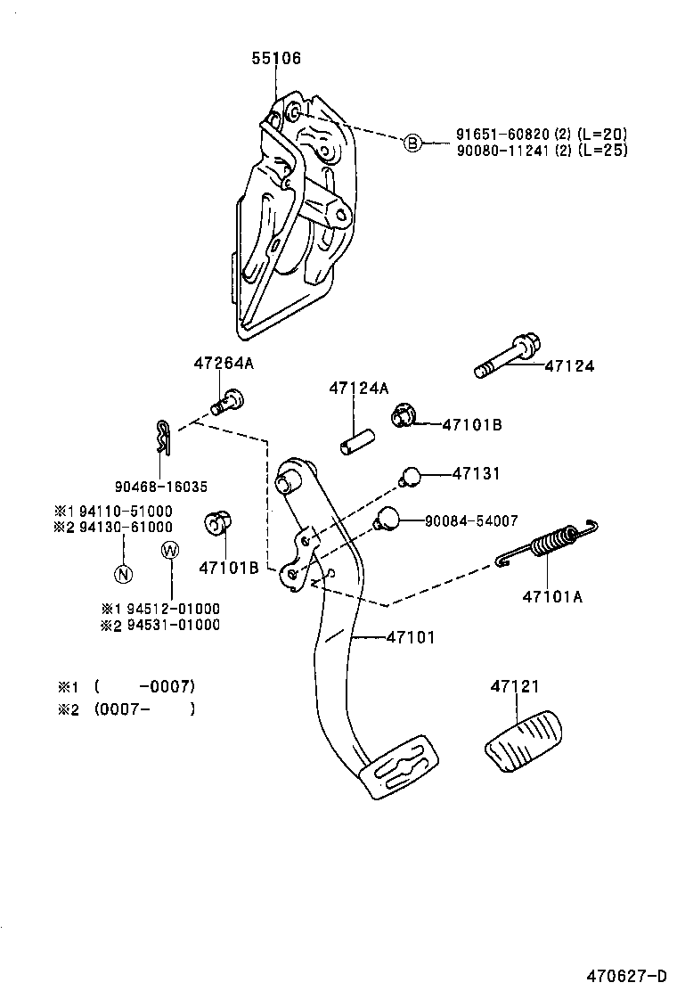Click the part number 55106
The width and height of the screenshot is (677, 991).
pyautogui.click(x=276, y=59)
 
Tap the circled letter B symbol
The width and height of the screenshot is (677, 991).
pyautogui.click(x=412, y=143)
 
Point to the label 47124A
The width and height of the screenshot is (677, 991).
pyautogui.click(x=359, y=389)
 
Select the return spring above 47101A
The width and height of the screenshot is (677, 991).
pyautogui.click(x=547, y=545)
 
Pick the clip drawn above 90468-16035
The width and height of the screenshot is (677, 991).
pyautogui.click(x=159, y=436)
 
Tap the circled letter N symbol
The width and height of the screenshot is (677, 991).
pyautogui.click(x=123, y=573)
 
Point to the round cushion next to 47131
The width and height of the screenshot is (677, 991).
pyautogui.click(x=410, y=477)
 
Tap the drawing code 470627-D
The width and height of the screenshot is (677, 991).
pyautogui.click(x=626, y=974)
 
